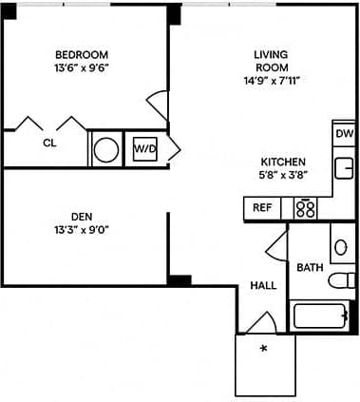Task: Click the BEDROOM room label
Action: click(x=81, y=54)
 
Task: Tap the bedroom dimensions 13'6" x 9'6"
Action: click(x=81, y=68)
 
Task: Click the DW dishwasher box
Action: click(x=344, y=134)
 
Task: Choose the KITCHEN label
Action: click(x=284, y=162)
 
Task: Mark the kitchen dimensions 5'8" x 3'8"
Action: click(x=284, y=176)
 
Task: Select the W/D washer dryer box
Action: click(x=144, y=149)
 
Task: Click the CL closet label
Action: click(x=48, y=144)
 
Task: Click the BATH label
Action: click(x=310, y=267)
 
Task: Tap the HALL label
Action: click(x=263, y=285)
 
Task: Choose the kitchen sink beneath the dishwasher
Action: click(x=344, y=168)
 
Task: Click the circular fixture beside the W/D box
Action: click(x=106, y=149)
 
